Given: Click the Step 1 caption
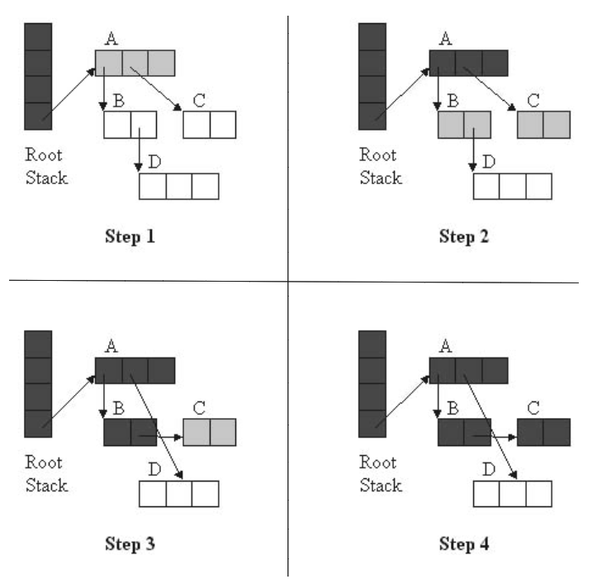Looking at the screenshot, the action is click(130, 236).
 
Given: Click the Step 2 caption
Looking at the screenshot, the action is click(464, 236).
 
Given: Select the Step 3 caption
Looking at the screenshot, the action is click(130, 544).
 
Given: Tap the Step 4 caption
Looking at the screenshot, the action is click(464, 544).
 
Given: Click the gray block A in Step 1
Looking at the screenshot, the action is click(135, 64).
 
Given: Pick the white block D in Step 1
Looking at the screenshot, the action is click(178, 186).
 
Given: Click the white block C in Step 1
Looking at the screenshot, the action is click(210, 125).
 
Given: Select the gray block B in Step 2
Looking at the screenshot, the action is click(464, 125).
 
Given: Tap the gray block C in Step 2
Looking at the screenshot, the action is click(543, 125).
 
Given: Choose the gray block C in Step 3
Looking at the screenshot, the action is click(210, 432).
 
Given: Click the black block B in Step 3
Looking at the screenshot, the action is click(130, 432).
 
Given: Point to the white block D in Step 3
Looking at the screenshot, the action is click(178, 493).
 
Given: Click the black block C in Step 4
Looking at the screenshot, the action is click(543, 432).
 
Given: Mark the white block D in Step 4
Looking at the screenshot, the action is click(512, 493).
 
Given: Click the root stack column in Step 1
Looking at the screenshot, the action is click(38, 76).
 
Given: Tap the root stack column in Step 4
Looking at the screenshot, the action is click(372, 384).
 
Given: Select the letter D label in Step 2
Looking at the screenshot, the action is click(489, 162).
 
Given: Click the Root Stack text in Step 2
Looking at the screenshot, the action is click(380, 166).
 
